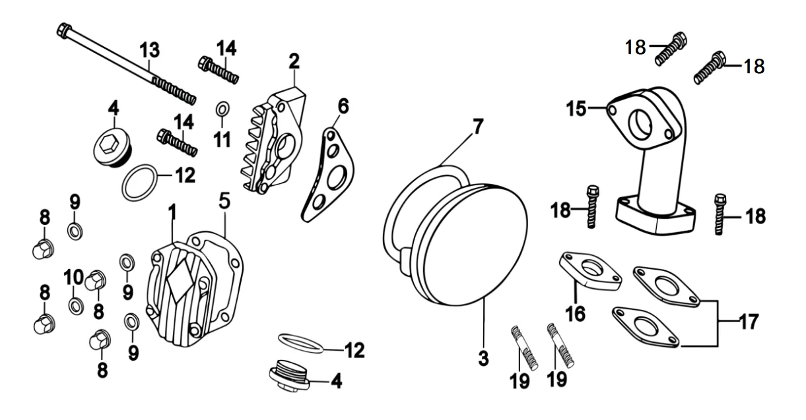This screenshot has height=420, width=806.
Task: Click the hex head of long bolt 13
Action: point(65,30)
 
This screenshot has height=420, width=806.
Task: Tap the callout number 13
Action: point(149,50)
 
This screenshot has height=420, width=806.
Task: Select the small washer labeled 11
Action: point(222,109)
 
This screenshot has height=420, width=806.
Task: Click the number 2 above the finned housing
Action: point(294,61)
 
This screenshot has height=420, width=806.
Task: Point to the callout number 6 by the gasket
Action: point(343,106)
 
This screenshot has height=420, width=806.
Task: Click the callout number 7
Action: point(477,127)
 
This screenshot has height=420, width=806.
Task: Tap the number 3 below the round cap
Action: point(483,358)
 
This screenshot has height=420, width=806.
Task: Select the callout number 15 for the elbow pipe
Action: point(576,109)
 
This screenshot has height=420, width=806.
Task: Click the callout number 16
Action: point(576,314)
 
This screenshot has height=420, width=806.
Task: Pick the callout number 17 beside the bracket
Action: point(749,322)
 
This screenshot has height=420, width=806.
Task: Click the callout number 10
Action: point(74,278)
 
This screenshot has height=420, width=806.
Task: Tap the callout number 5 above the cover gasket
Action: point(224,201)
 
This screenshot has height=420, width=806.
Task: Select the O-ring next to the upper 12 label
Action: point(139,183)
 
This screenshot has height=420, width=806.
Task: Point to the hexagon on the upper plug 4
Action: point(107,144)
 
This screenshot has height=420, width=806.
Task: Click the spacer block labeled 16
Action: point(590,272)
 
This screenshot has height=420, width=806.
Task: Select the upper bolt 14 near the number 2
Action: point(218,70)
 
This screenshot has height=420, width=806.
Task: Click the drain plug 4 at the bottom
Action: point(289,376)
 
